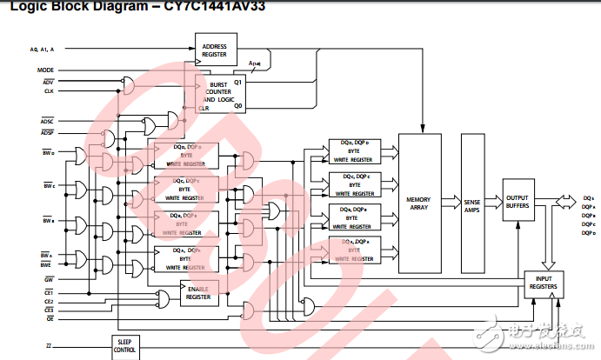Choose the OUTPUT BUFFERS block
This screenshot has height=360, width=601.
click(x=518, y=200)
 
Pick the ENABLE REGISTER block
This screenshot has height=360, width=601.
click(x=197, y=293)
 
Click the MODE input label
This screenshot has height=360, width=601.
click(x=46, y=70)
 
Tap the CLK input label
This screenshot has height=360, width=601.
click(x=49, y=90)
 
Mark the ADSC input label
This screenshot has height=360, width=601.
click(x=47, y=121)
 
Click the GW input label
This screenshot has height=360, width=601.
click(x=49, y=278)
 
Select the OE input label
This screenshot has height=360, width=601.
click(x=50, y=318)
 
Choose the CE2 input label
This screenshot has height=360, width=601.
click(x=49, y=301)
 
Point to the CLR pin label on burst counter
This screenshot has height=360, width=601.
click(x=213, y=110)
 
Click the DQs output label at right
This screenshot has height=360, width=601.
click(x=587, y=198)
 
